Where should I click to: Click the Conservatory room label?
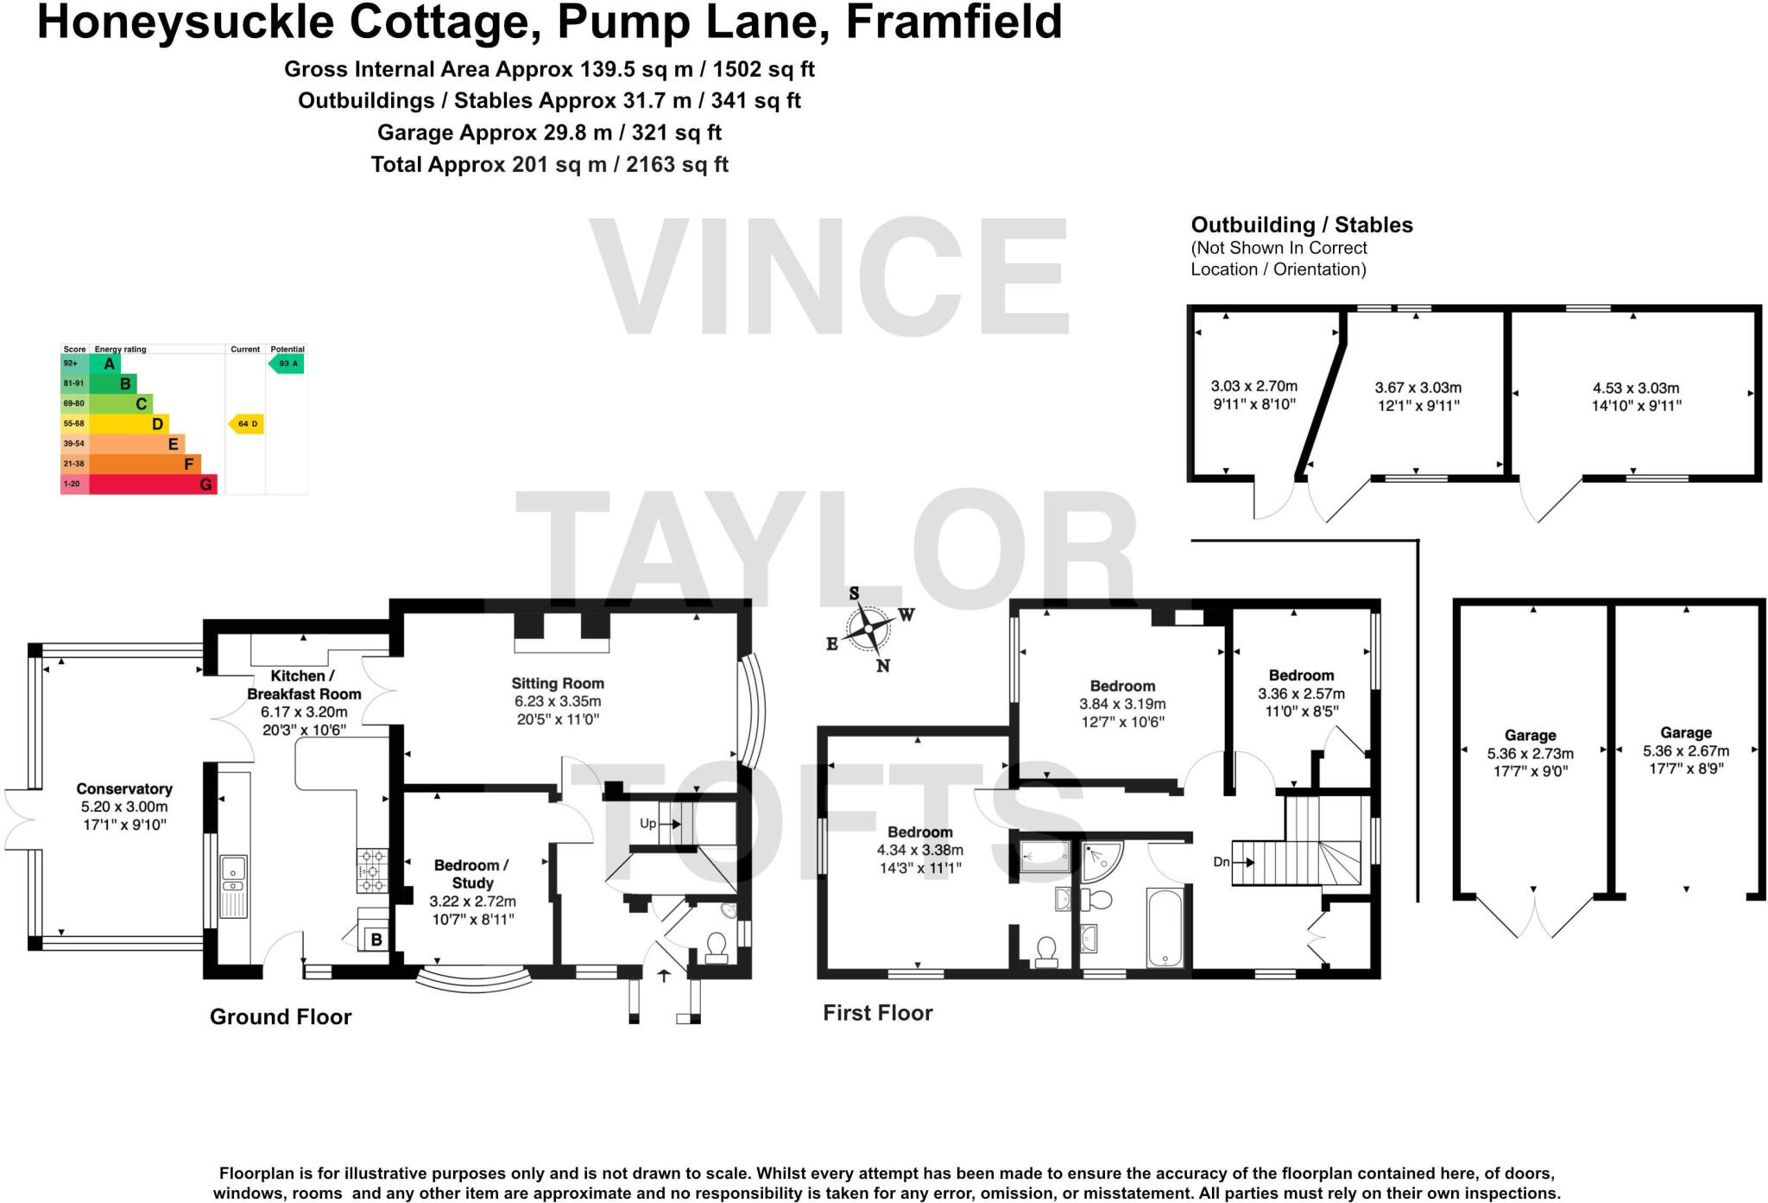click(124, 806)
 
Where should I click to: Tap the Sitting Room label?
click(558, 700)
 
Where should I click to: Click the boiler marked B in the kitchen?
click(376, 940)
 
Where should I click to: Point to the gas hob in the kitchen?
click(372, 871)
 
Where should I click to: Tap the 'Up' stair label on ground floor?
click(648, 823)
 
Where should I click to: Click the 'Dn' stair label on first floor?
click(1221, 861)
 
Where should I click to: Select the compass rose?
click(868, 629)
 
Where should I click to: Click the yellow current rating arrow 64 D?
click(246, 423)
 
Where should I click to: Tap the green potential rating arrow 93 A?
click(287, 364)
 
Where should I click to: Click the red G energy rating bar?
click(152, 484)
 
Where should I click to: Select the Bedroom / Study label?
click(472, 891)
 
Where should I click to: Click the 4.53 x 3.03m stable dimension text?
click(1636, 396)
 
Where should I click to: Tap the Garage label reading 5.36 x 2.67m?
click(1685, 750)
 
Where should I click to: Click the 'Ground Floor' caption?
click(281, 1016)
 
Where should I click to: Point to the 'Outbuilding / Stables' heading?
click(1301, 225)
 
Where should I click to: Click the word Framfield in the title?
click(953, 22)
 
